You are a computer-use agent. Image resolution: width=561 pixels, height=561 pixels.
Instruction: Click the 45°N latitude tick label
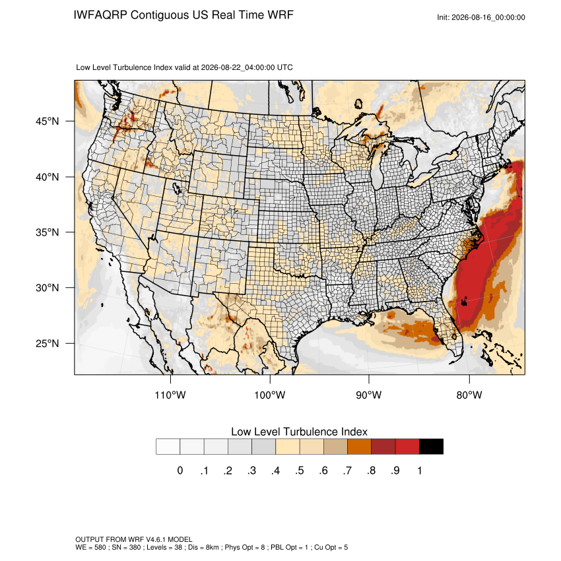coord(48,121)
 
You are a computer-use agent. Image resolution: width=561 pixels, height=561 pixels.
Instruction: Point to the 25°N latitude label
coord(48,343)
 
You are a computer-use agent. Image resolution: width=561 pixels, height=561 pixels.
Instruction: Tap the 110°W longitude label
coord(170,395)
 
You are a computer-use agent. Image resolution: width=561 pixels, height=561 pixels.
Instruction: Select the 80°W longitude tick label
coord(469,395)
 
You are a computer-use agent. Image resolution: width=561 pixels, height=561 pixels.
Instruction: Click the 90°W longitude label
coord(368,395)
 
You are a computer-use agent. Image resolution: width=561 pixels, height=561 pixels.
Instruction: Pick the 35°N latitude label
coord(48,232)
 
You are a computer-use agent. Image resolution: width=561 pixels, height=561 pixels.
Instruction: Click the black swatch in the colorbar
coord(431,447)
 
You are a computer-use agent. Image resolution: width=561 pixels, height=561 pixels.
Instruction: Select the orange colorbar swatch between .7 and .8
coord(359,447)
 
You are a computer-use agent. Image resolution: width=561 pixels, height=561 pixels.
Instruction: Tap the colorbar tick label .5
coord(300,471)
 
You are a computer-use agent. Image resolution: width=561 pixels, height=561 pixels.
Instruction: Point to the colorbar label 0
coord(180,471)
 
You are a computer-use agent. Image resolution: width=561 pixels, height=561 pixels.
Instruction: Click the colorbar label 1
coord(420,471)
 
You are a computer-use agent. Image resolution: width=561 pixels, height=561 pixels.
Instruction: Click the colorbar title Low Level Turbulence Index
coord(299,432)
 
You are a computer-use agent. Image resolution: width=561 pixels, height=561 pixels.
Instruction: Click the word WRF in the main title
coord(282,15)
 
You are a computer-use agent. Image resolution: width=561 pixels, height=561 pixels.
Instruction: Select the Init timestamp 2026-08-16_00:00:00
coord(488,18)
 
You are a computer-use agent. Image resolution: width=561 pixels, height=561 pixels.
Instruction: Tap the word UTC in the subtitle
coord(285,67)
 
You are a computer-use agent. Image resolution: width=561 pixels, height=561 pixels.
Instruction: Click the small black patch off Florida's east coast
coord(465,302)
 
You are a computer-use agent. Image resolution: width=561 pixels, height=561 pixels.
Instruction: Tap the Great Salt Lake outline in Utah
coord(177,188)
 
